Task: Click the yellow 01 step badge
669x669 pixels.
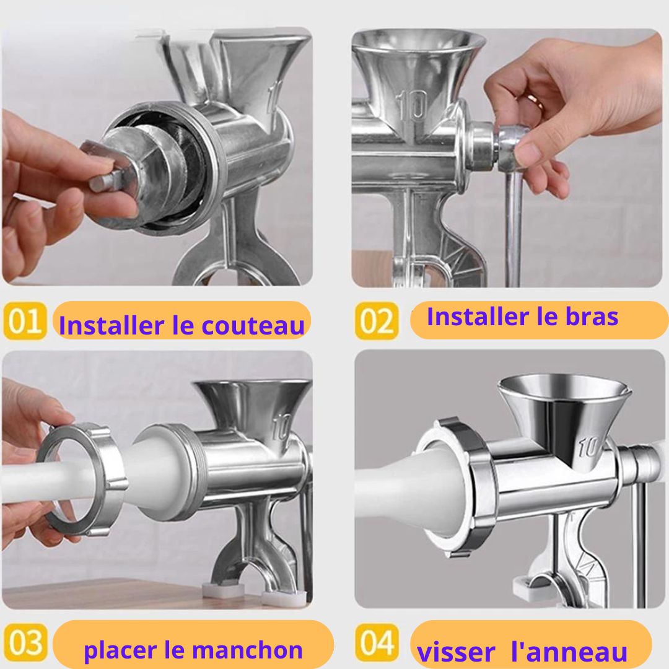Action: pos(24,321)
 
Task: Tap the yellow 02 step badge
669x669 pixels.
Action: pos(377,321)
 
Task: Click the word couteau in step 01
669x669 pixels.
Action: pos(253,325)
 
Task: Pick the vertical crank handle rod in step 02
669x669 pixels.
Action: pos(514,226)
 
